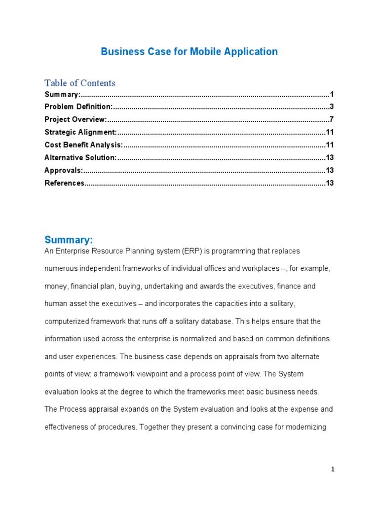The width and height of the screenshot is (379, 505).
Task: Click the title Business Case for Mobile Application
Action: click(x=189, y=52)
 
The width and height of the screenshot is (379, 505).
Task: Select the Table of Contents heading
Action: click(x=80, y=83)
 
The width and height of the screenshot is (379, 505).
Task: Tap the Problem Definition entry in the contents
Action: click(x=78, y=107)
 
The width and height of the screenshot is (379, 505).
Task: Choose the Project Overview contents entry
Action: click(x=76, y=119)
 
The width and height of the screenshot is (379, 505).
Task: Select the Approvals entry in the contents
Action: click(x=64, y=171)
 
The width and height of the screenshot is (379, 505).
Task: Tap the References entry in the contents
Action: click(x=65, y=183)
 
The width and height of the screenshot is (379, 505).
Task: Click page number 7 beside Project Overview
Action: click(x=332, y=119)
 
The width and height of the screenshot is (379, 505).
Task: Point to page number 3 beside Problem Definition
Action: click(x=332, y=107)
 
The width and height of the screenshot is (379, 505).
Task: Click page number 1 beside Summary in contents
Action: click(x=332, y=94)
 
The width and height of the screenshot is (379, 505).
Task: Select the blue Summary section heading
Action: click(x=69, y=240)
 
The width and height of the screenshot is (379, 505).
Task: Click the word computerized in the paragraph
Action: click(x=66, y=322)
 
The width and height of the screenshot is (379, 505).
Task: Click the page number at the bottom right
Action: click(x=333, y=469)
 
